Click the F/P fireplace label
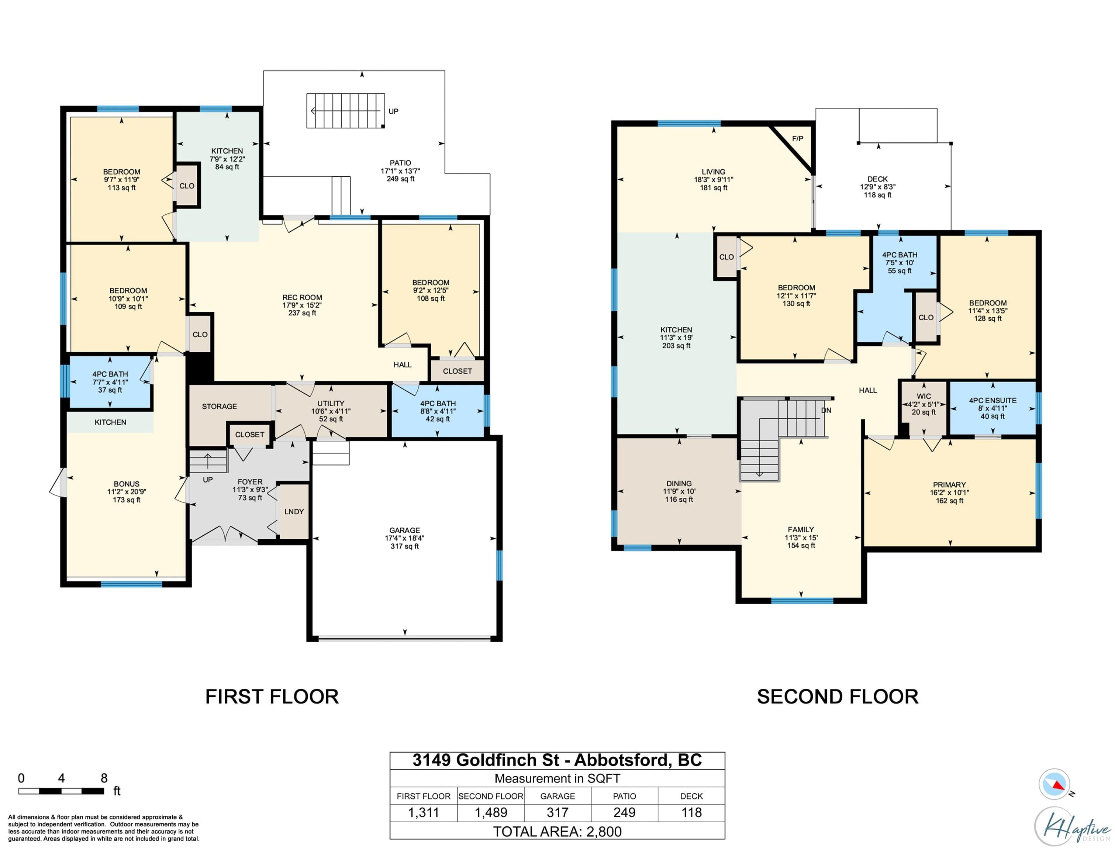[x=797, y=139]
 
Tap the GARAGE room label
[x=405, y=530]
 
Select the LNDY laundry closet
[x=294, y=512]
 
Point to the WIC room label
[x=924, y=396]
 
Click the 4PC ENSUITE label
[x=993, y=400]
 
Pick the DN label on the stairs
[x=826, y=410]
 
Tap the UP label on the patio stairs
[x=393, y=111]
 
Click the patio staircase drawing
[x=345, y=110]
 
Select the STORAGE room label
[x=219, y=406]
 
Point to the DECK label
[x=878, y=179]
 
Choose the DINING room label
[x=679, y=484]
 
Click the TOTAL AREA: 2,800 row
[x=557, y=831]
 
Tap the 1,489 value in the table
[x=491, y=813]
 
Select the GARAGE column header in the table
[x=557, y=796]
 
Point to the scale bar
[x=61, y=791]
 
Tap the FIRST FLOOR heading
[x=272, y=697]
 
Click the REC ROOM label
[x=302, y=297]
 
